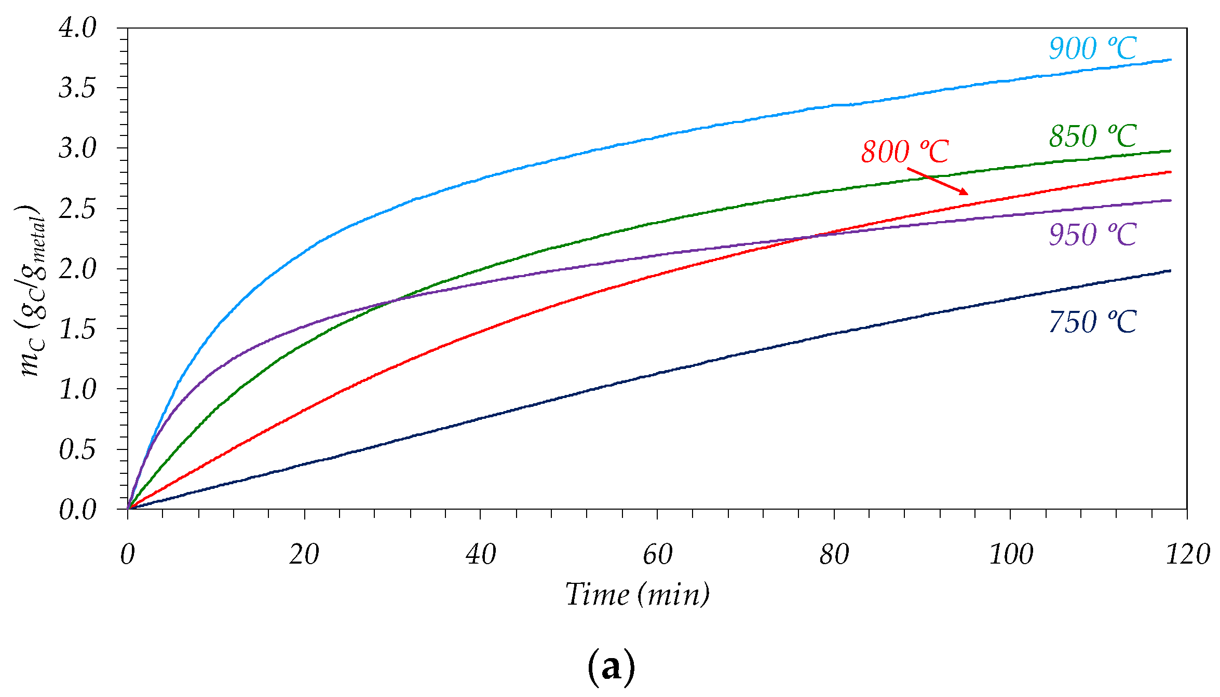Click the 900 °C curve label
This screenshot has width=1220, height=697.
pos(1092,49)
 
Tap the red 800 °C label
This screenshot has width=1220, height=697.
pos(905,152)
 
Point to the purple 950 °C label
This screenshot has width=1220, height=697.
pos(1092,235)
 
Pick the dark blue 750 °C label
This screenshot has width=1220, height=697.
pos(1092,322)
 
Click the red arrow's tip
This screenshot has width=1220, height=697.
pos(967,194)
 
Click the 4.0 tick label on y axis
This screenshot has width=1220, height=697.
pos(77,28)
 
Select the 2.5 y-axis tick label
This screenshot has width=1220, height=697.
pos(77,209)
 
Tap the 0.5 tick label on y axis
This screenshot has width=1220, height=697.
pos(77,449)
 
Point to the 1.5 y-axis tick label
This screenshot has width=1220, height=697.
pos(77,329)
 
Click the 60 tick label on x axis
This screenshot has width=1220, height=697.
pos(657,555)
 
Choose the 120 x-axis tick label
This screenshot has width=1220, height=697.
pos(1187,555)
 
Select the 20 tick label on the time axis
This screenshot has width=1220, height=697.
pos(304,555)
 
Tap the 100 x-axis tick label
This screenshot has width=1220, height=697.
pos(1010,555)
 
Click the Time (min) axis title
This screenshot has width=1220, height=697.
pos(638,594)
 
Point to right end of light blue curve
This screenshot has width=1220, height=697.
pos(1170,60)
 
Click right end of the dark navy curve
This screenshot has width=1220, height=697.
pos(1170,271)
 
